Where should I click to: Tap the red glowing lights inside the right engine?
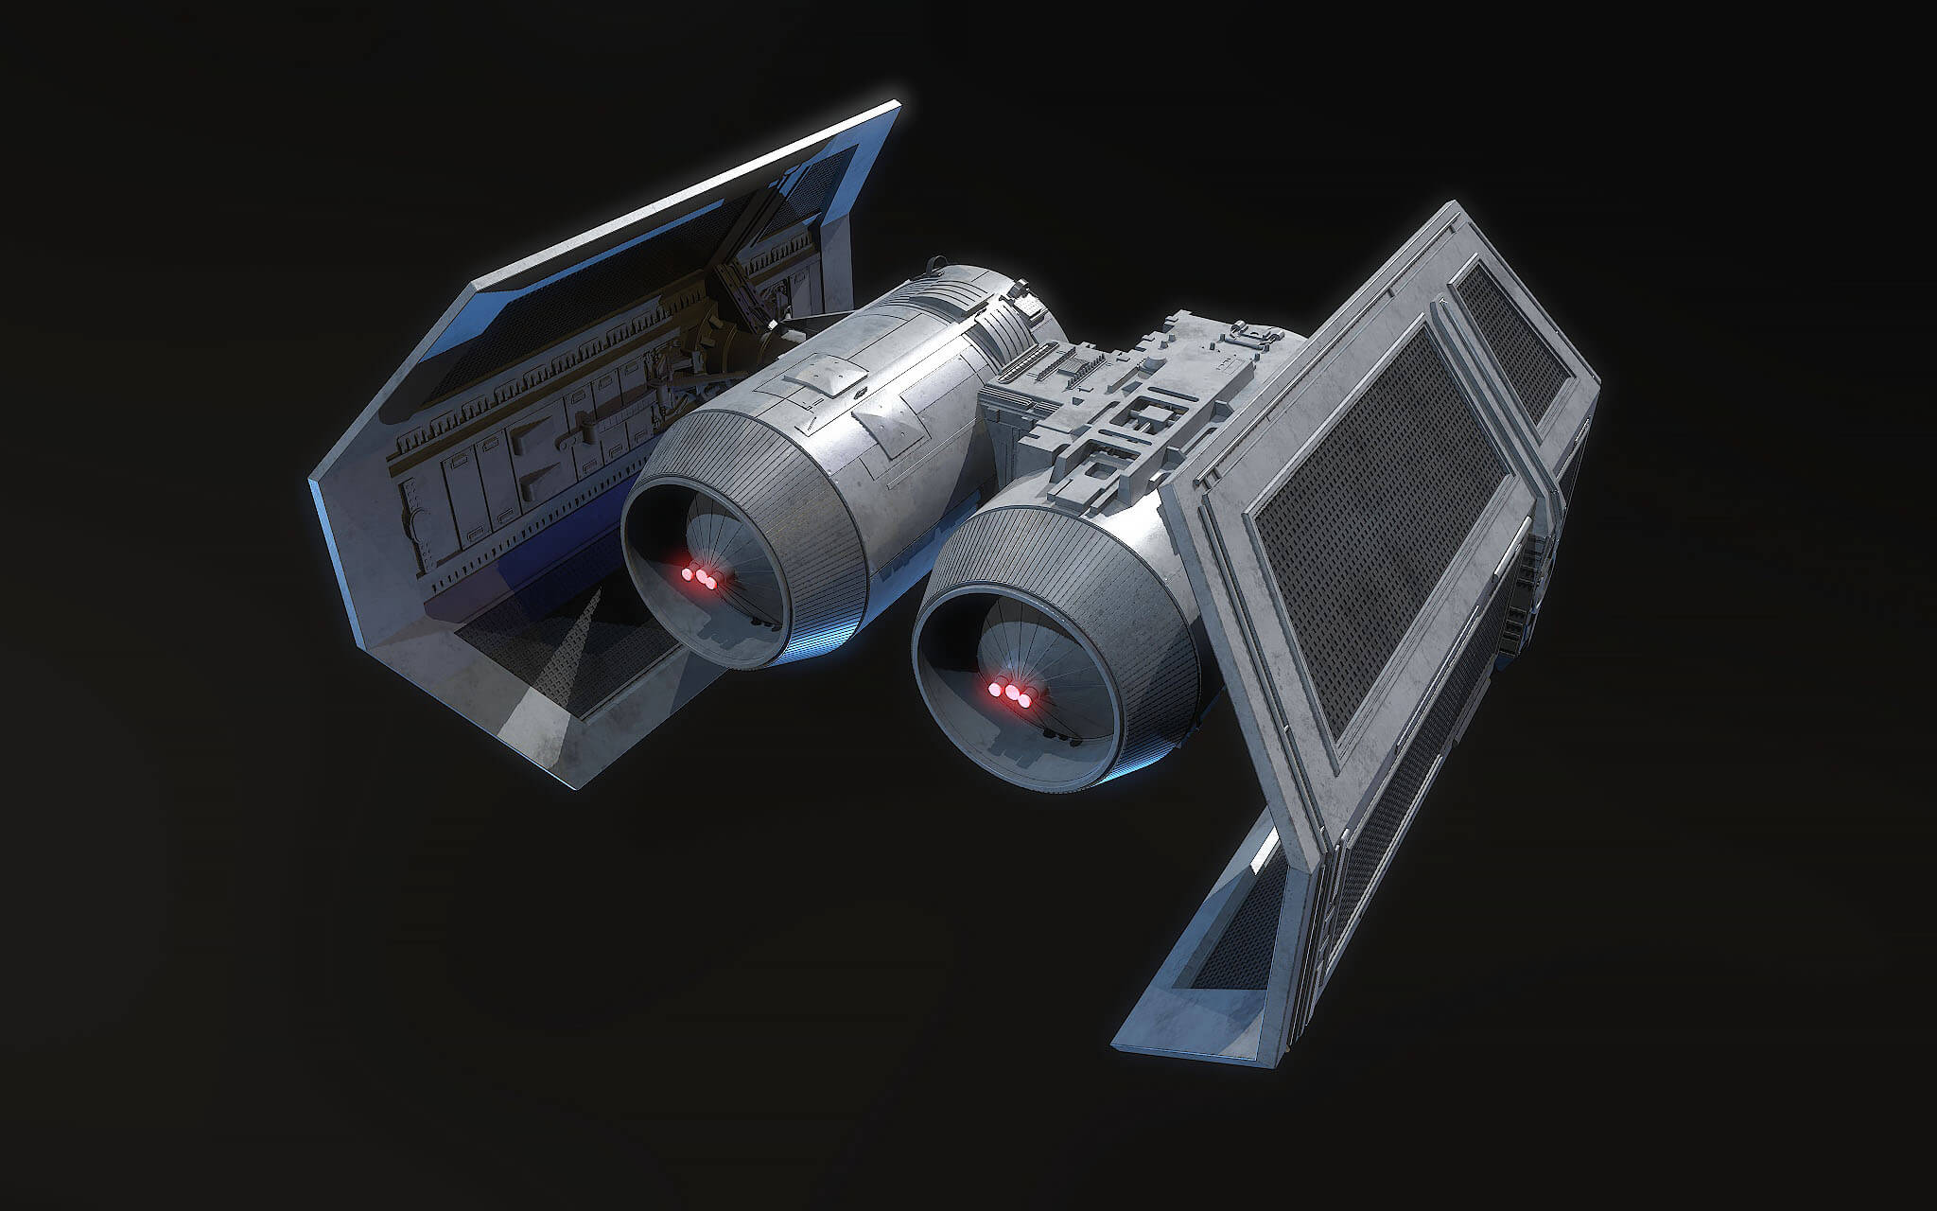[1011, 693]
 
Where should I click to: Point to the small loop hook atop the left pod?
[937, 265]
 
